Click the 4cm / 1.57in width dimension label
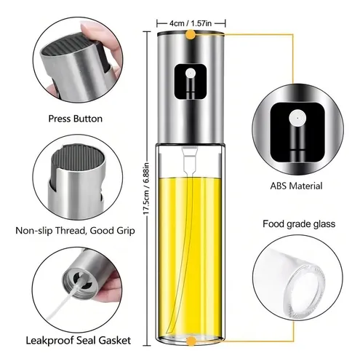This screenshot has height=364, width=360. (191, 23)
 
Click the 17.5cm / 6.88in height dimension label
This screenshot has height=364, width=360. (146, 189)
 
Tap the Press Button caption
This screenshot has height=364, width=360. (76, 119)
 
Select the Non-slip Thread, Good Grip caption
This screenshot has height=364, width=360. (75, 231)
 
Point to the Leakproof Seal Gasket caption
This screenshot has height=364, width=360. (79, 341)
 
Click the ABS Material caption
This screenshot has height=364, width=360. (296, 186)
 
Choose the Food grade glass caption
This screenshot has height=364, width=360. (299, 223)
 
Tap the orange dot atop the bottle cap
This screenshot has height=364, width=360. (191, 34)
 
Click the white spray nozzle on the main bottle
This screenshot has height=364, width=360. (191, 73)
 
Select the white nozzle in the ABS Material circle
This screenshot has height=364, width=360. (297, 118)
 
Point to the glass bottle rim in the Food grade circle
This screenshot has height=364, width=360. (305, 290)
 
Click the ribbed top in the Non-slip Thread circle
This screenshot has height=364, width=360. (78, 156)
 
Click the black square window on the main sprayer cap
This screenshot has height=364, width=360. (191, 82)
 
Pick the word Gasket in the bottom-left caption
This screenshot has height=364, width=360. (115, 341)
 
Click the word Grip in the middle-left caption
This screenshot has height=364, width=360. (126, 231)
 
